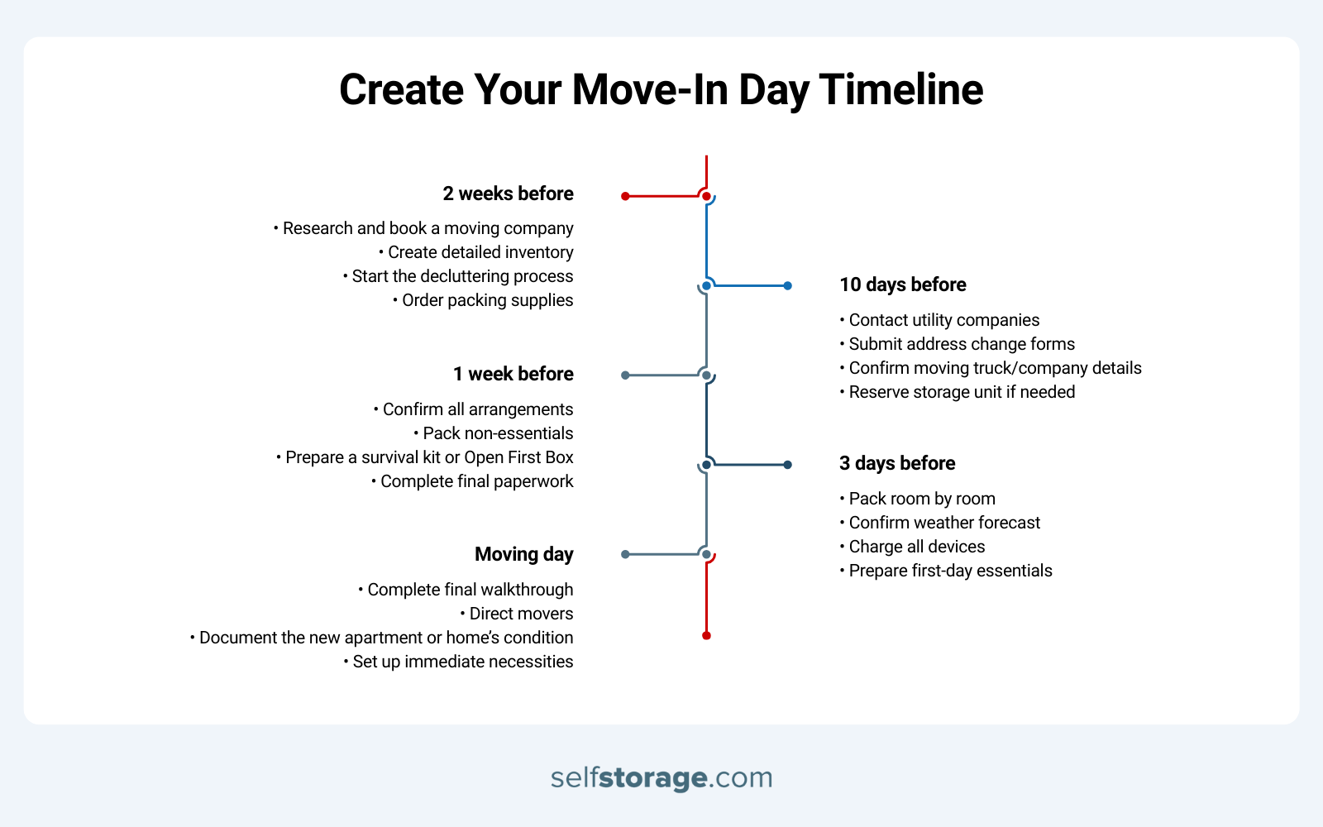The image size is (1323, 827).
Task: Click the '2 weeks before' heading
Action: pos(508,194)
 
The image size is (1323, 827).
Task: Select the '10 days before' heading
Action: pos(903,284)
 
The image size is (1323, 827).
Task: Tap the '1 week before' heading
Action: pos(513,374)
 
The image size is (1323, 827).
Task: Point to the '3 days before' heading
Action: pos(897,463)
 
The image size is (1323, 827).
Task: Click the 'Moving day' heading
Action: pos(523,554)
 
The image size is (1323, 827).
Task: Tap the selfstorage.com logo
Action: pos(661,777)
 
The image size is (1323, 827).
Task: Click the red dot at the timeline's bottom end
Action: pos(706,635)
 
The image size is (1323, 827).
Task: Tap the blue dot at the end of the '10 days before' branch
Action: pos(787,285)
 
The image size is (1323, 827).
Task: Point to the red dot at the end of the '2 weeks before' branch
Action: pos(625,196)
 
